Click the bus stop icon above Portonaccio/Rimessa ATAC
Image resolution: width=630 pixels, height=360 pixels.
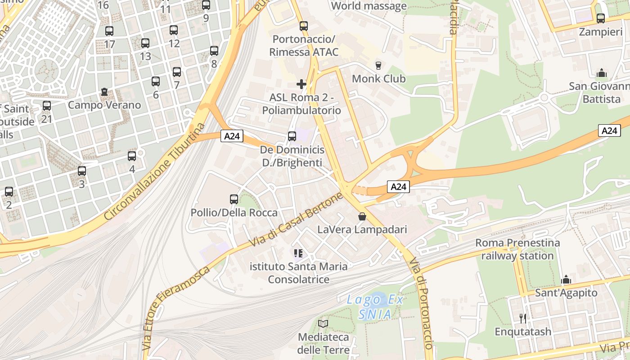coord(304,26)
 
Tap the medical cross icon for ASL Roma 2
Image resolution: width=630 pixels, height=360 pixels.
coord(301,84)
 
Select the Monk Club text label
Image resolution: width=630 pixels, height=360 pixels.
coord(378,79)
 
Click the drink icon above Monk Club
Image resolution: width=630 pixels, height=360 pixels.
coord(378,65)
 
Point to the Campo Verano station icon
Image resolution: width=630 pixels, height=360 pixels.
coord(104,92)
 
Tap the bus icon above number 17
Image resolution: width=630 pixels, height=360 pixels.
coord(109,31)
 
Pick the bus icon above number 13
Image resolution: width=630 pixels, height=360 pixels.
coord(145,43)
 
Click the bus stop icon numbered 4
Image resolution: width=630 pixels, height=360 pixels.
coord(132,156)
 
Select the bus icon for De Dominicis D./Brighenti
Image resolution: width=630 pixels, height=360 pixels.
coord(292,136)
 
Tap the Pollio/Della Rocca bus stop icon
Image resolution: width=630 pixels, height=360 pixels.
coord(234,199)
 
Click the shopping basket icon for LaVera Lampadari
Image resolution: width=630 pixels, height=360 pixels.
coord(362,217)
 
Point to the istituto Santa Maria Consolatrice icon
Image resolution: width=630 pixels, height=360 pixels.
coord(298,253)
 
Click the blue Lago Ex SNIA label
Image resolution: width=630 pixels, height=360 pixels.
coord(375,307)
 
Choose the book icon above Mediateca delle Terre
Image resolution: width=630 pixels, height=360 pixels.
coord(323,324)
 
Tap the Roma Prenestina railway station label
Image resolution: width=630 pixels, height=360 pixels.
coord(517,249)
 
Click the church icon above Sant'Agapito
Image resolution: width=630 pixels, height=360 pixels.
coord(566,280)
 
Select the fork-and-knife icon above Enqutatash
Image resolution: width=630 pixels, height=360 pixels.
coord(523,319)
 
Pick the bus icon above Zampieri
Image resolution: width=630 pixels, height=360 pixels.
coord(601,18)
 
